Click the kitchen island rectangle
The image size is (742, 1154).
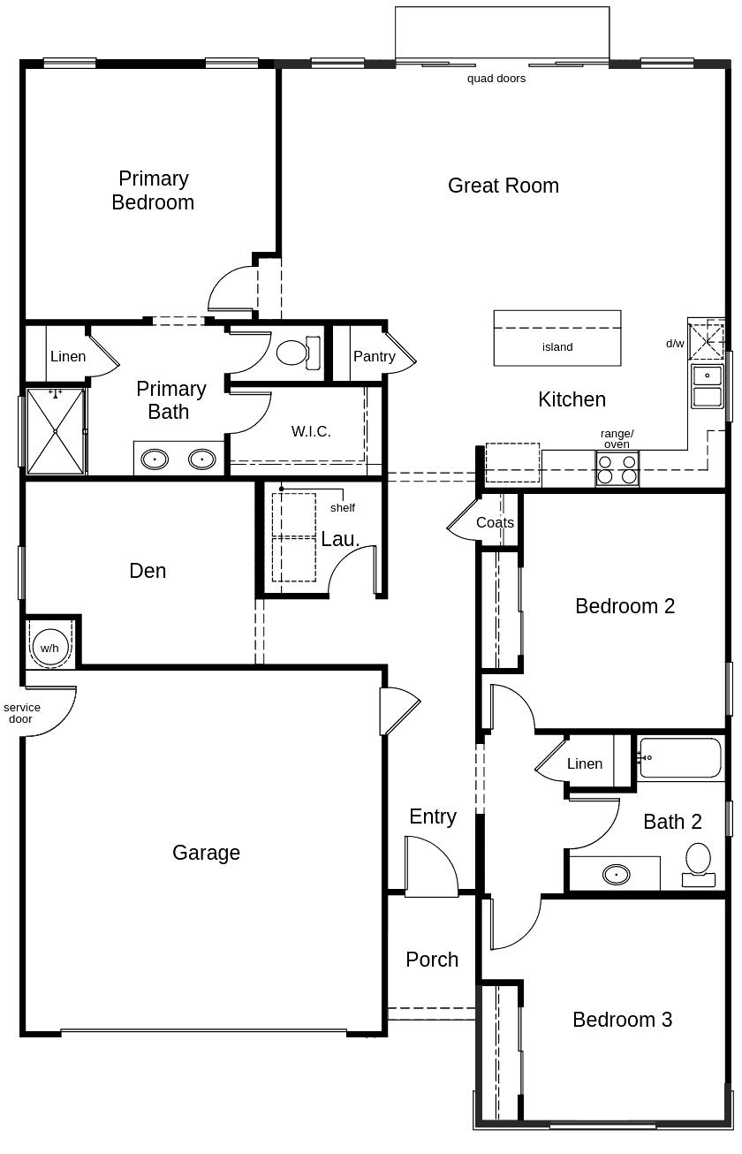[557, 338]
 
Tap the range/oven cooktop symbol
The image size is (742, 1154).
[617, 469]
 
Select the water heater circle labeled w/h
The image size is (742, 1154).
[49, 648]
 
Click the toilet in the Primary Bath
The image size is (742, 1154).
[299, 353]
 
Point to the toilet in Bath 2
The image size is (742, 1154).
[698, 865]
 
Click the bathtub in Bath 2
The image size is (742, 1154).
[679, 758]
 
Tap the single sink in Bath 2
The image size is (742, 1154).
[617, 875]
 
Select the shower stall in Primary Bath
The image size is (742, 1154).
[55, 431]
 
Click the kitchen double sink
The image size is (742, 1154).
[707, 386]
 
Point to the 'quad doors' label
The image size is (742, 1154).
[496, 79]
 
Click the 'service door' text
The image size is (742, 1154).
[21, 713]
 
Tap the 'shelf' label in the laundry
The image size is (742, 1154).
[343, 508]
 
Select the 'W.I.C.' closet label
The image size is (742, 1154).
[311, 432]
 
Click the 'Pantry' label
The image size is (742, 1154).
[375, 356]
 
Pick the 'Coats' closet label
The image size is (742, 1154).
[495, 522]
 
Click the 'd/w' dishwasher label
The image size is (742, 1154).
[675, 343]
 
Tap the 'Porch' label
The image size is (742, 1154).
[432, 960]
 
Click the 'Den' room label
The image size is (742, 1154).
[148, 571]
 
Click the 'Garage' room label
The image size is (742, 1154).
[206, 854]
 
